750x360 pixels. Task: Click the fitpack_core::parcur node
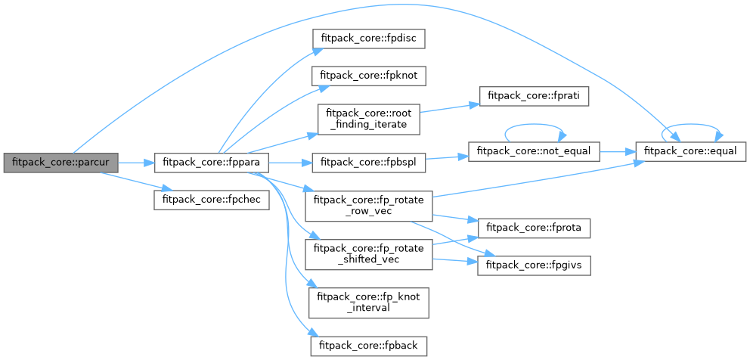[x=60, y=163]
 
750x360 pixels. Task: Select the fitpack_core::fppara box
[x=212, y=163]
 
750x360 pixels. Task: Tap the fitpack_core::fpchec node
[x=212, y=200]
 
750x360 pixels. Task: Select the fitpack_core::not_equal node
[x=534, y=151]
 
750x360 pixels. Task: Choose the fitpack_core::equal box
[x=691, y=151]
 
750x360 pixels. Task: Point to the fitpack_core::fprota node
[x=533, y=228]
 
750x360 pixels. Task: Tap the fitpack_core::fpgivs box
[x=533, y=265]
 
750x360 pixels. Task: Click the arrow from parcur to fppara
[x=135, y=163]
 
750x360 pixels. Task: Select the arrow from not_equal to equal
[x=618, y=151]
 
